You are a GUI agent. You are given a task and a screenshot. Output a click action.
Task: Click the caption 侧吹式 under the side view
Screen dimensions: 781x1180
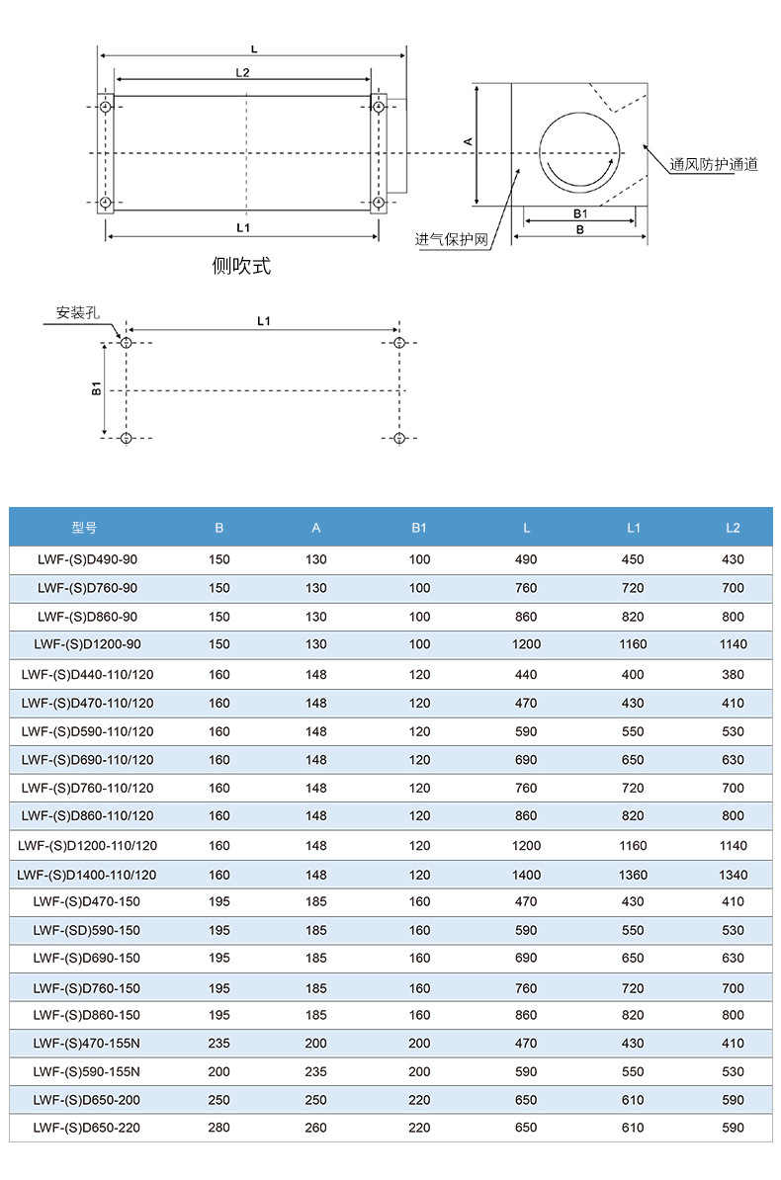coord(241,266)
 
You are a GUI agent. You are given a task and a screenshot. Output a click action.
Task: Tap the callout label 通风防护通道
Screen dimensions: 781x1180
coord(713,164)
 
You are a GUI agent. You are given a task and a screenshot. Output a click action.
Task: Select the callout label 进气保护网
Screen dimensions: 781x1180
coord(451,239)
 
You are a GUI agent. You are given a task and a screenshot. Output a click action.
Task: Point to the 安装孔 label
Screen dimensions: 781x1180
coord(77,312)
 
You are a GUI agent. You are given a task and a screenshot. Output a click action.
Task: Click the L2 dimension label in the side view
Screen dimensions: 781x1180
coord(242,72)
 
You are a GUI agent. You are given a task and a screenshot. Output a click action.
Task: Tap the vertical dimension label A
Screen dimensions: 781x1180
coord(468,141)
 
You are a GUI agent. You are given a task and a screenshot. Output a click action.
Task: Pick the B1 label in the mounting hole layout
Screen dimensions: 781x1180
coord(96,388)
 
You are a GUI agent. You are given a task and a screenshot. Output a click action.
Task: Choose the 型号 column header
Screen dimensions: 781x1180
coord(84,528)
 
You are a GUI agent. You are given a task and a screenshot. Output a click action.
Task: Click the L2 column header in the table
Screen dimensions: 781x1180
coord(733,528)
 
